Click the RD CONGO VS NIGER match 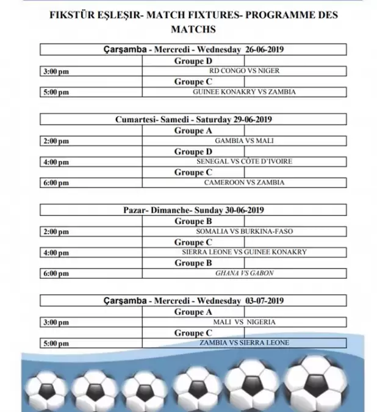[x=244, y=71]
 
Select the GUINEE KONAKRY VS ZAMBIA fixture [x=244, y=92]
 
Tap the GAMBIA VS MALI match [x=244, y=141]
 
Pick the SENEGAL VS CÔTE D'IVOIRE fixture [x=244, y=162]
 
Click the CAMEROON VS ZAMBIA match [x=244, y=183]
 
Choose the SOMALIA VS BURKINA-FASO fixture [x=244, y=231]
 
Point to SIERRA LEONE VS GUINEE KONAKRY [x=244, y=252]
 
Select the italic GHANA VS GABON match [x=244, y=273]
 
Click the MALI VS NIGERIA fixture [x=244, y=322]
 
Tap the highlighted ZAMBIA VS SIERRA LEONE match [x=244, y=342]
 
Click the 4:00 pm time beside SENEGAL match [x=56, y=162]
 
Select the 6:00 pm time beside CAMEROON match [x=56, y=183]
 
